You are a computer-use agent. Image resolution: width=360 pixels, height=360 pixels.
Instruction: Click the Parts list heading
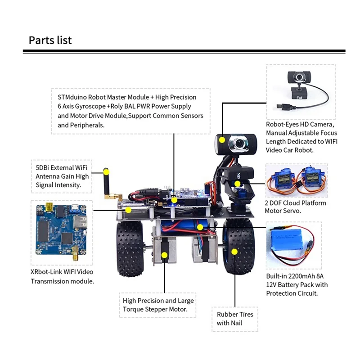[x=50, y=40]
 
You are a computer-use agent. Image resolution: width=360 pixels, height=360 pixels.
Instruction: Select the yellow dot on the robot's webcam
[x=221, y=139]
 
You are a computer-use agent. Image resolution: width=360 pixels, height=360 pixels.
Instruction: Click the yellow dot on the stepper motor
[x=165, y=255]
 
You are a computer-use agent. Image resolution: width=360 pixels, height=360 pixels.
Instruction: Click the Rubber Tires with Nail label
[x=235, y=319]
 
